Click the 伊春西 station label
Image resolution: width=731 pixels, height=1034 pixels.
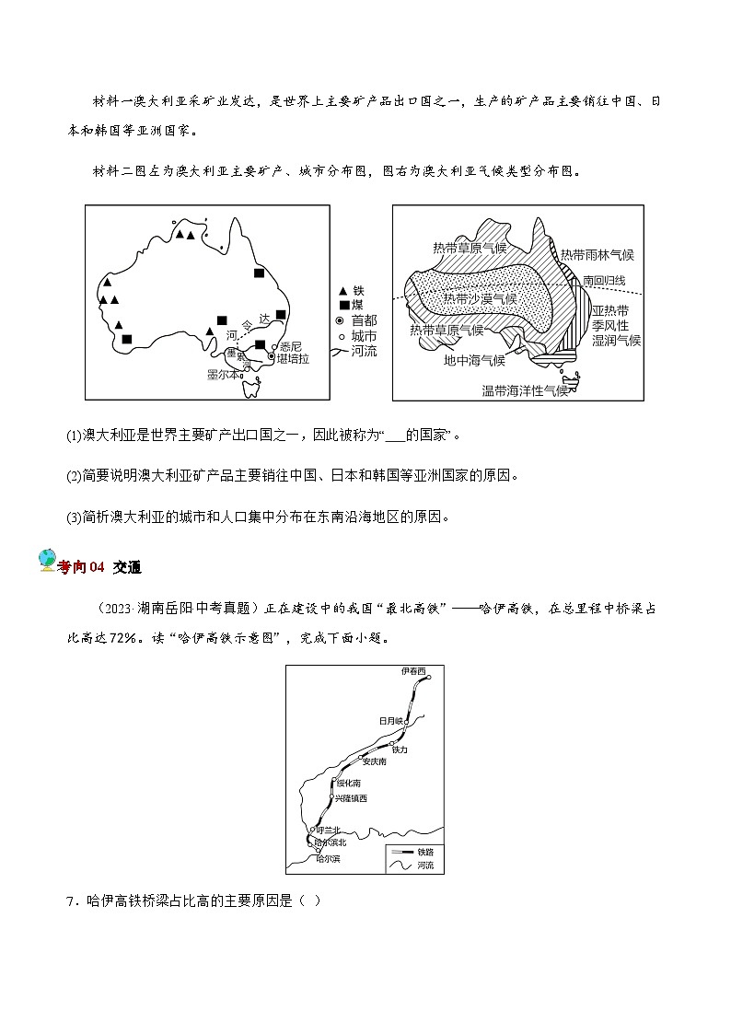coord(414,672)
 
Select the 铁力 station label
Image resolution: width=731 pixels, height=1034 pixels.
coord(399,750)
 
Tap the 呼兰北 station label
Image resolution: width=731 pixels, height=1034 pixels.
coord(330,830)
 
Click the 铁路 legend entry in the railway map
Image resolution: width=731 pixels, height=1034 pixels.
coord(424,852)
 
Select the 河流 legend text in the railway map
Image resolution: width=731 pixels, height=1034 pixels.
coord(424,866)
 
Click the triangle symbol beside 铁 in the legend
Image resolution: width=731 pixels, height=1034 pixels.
coord(343,290)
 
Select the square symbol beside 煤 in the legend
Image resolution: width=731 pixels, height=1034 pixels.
coord(343,305)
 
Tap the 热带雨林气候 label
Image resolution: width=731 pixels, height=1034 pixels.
coord(598,254)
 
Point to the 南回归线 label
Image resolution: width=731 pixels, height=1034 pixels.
coord(603,280)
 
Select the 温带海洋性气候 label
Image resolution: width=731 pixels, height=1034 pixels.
coord(525,390)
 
